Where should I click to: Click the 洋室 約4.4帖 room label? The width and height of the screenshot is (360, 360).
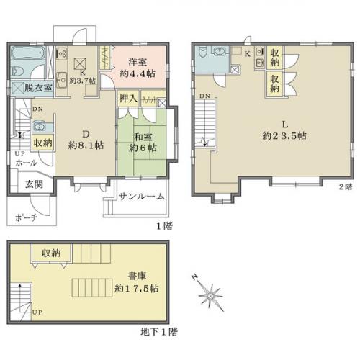pos(138,68)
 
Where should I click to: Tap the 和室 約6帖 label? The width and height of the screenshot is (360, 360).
pos(143,143)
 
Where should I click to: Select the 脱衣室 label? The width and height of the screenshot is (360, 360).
pos(38,88)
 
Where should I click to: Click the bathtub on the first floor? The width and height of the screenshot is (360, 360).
pos(28,53)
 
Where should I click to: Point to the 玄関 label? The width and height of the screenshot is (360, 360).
pos(35,184)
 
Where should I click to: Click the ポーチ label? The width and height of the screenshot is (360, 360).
pos(26,217)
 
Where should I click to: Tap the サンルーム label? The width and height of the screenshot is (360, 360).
pos(142,197)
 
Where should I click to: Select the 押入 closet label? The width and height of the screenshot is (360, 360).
pos(128,99)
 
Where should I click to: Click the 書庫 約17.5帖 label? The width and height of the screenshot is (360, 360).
pos(137,282)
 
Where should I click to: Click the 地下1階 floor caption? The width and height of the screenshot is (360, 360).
pos(159,332)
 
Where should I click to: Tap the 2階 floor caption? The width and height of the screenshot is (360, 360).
pos(346,186)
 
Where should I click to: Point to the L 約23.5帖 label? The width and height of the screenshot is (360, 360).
pos(284,130)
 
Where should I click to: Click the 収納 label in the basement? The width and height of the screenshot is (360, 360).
pos(51,253)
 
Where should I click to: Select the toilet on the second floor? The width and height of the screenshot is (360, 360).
pos(202,52)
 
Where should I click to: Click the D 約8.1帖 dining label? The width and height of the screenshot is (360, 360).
pos(86,140)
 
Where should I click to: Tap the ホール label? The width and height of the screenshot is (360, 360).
pos(26,163)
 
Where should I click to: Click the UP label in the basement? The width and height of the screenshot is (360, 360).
pos(37,312)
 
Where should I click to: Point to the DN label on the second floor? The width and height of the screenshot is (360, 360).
pos(204,96)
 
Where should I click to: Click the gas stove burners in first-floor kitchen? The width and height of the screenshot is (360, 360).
pos(62,53)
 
